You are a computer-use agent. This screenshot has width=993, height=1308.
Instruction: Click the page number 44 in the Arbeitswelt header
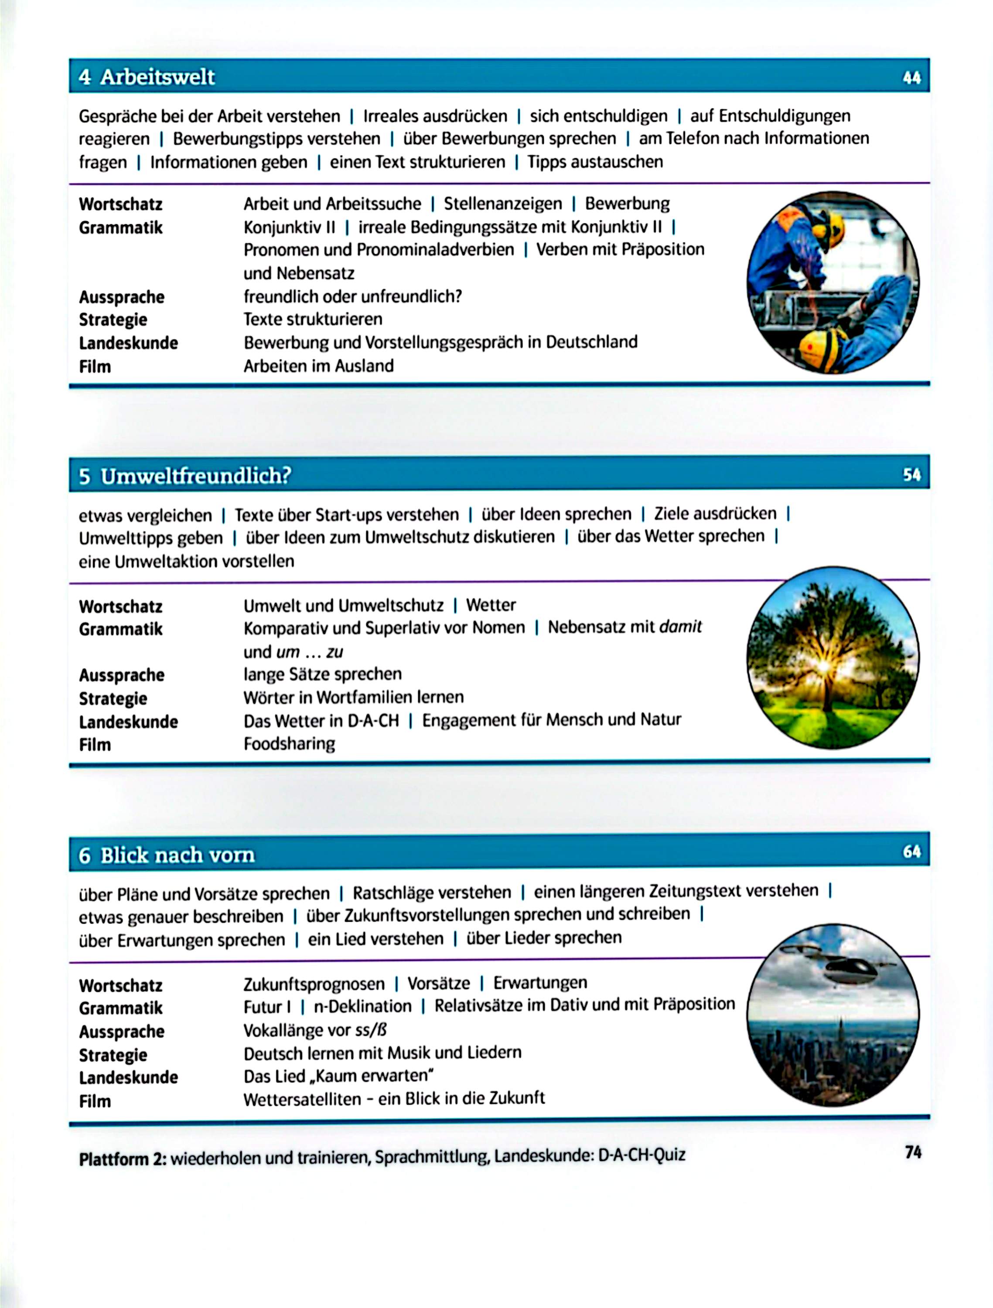click(911, 78)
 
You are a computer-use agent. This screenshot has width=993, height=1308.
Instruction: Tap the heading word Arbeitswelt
click(157, 77)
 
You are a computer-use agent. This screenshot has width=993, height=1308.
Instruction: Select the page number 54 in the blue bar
click(911, 474)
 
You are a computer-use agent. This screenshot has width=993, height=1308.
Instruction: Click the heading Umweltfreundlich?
click(196, 475)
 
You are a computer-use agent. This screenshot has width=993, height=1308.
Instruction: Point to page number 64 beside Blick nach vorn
click(911, 852)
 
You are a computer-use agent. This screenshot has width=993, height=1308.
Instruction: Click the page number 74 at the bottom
click(913, 1152)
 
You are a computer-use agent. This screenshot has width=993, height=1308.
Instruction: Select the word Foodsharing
click(289, 743)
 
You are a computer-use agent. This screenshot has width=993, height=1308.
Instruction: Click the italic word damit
click(680, 627)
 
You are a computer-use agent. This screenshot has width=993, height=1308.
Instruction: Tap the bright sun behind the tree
click(823, 666)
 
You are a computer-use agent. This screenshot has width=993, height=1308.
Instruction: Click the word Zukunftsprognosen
click(314, 983)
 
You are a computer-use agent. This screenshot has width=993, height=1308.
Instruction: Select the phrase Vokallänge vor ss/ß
click(315, 1030)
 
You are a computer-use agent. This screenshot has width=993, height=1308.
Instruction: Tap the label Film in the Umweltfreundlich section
click(95, 745)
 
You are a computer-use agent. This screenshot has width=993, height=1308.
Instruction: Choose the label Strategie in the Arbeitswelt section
click(113, 320)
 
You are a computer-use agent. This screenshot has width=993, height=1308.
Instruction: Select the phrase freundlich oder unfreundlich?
click(352, 296)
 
